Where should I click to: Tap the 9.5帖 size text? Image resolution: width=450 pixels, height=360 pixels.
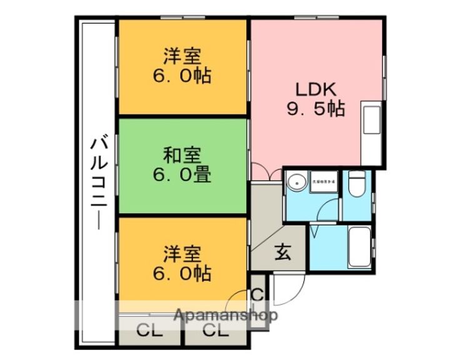pyautogui.click(x=316, y=110)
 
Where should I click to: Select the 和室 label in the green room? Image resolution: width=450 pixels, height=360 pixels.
pyautogui.click(x=182, y=153)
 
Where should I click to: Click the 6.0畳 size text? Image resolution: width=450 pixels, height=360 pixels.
pyautogui.click(x=182, y=174)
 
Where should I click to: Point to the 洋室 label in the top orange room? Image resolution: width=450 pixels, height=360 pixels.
pyautogui.click(x=182, y=56)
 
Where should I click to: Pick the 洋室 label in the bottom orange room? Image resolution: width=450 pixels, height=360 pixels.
pyautogui.click(x=182, y=253)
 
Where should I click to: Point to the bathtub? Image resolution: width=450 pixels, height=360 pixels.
pyautogui.click(x=359, y=247)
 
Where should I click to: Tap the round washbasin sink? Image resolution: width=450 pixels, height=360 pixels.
pyautogui.click(x=296, y=182)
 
